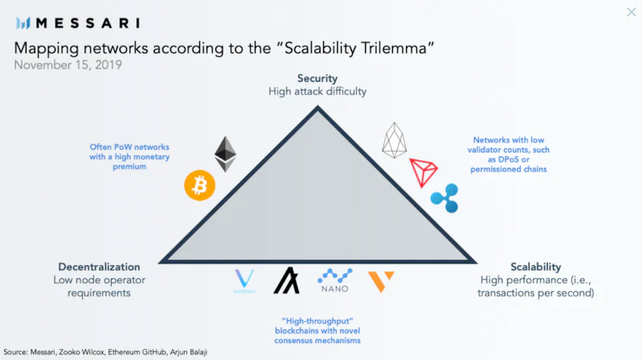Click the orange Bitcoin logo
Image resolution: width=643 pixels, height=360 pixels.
click(x=199, y=185)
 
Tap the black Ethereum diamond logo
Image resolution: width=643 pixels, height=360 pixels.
click(x=226, y=153)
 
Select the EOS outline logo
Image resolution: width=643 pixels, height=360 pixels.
click(x=395, y=140)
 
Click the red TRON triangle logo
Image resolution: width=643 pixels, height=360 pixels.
click(x=423, y=171)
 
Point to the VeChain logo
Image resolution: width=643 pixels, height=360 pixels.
click(x=243, y=282)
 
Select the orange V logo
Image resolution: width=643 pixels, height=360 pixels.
click(x=381, y=280)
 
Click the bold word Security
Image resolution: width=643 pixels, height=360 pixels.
click(x=317, y=79)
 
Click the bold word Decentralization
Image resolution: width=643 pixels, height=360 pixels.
click(x=99, y=267)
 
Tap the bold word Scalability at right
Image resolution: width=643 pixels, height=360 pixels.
click(x=535, y=267)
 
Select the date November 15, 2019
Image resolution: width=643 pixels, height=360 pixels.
click(x=68, y=64)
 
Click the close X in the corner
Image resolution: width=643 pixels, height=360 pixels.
click(x=631, y=12)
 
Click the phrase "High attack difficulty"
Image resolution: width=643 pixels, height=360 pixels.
click(x=317, y=92)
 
